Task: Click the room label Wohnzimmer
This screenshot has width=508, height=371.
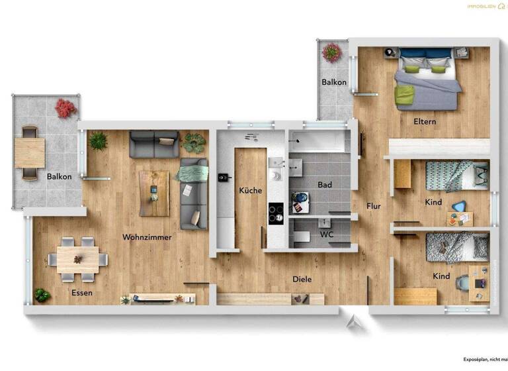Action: tap(147, 237)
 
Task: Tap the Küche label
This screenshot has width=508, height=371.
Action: tap(251, 191)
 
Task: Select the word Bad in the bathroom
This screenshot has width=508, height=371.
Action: tap(324, 185)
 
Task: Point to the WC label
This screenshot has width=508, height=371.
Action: tap(327, 235)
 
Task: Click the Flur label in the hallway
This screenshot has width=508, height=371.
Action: tap(374, 206)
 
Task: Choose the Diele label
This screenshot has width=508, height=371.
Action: tap(302, 280)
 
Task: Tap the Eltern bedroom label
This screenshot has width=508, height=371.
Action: tap(424, 121)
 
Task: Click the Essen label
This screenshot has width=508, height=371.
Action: tap(82, 292)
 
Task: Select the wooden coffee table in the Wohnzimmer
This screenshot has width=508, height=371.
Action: tap(154, 193)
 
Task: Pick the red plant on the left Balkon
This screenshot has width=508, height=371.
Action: tap(65, 108)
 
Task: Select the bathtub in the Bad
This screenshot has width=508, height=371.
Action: tap(320, 141)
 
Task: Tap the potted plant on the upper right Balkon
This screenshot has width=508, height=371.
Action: tap(331, 52)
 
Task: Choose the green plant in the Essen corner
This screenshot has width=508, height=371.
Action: tap(42, 295)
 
